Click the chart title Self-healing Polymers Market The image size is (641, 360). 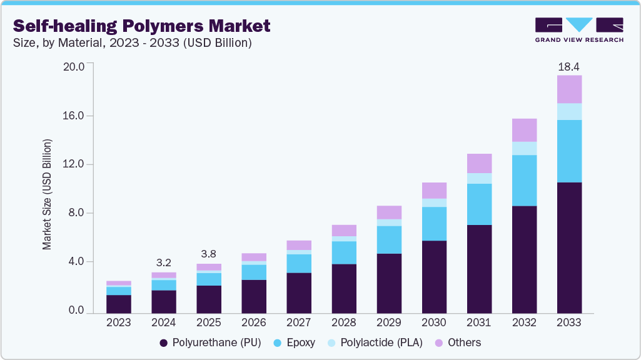pos(142,26)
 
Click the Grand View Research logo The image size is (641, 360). pos(579,30)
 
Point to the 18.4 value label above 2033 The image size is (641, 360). pos(569,66)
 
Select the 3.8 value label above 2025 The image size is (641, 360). pos(209,254)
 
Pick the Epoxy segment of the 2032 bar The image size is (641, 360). pos(524,180)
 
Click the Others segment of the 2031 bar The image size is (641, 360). pos(479,163)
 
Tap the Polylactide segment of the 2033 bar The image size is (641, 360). pos(569,111)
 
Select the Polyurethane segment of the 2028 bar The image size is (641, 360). pos(344,288)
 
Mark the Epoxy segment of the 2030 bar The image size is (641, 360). pos(434,224)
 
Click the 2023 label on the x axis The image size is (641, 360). pos(119,323)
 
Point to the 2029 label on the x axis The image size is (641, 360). pos(389,323)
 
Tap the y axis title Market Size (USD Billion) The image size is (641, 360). pos(48,194)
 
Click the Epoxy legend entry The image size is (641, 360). pos(294,342)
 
